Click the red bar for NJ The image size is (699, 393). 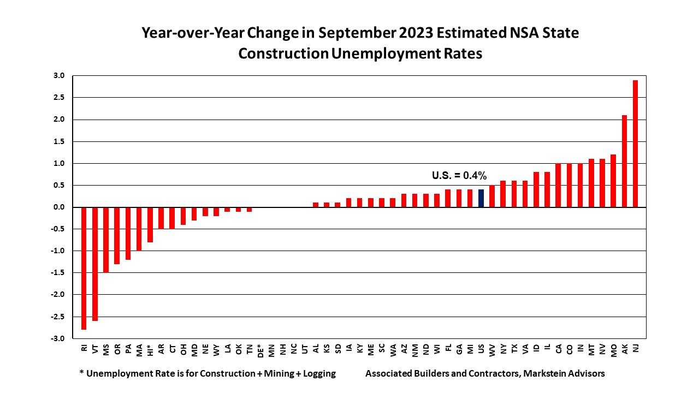tap(635, 144)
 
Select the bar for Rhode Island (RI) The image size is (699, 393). tap(84, 268)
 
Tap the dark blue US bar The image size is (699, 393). tap(481, 198)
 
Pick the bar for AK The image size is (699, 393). tap(624, 161)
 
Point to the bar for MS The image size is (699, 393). tap(106, 240)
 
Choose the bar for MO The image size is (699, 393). tap(613, 181)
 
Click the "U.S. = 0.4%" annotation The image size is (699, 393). tap(459, 176)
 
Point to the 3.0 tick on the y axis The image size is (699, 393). tap(59, 76)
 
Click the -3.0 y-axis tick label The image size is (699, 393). tap(58, 338)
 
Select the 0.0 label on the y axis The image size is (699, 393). tap(59, 207)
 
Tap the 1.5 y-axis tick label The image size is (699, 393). tap(59, 141)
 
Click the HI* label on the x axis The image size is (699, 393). tap(150, 349)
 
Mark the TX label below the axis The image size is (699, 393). tap(514, 348)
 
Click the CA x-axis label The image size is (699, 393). tap(558, 348)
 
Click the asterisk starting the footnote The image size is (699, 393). tap(81, 373)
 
